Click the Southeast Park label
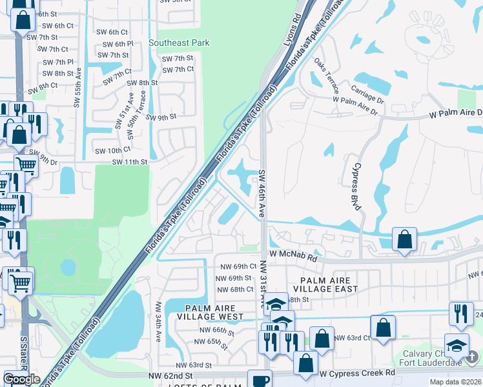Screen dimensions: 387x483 click(179, 43)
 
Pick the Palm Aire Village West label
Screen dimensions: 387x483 click(214, 312)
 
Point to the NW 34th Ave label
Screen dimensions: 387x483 click(158, 319)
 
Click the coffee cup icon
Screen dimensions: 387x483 click(261, 380)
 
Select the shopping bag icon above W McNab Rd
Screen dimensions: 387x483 click(404, 239)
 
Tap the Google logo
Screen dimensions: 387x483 click(21, 379)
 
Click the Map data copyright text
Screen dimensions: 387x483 click(455, 382)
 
